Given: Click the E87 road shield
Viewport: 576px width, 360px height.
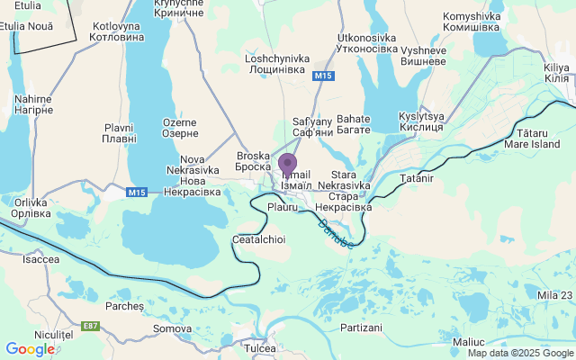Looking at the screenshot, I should tap(90, 326).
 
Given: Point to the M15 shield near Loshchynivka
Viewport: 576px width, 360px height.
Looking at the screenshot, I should tap(324, 77).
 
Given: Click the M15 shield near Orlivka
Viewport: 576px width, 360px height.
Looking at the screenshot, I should tap(137, 192).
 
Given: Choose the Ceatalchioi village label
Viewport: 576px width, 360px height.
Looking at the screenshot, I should tap(258, 239).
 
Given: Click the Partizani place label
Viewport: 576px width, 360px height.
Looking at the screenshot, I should tap(362, 328).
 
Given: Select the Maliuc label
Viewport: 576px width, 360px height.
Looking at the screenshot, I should tap(468, 342).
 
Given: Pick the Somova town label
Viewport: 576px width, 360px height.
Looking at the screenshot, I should tap(172, 329).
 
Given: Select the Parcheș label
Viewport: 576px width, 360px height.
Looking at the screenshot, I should tap(124, 306).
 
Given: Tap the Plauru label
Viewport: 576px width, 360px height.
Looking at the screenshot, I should tap(283, 208).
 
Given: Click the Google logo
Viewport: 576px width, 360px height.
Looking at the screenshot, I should tap(30, 348).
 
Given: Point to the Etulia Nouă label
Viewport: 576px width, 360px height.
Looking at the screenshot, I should tap(27, 26).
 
